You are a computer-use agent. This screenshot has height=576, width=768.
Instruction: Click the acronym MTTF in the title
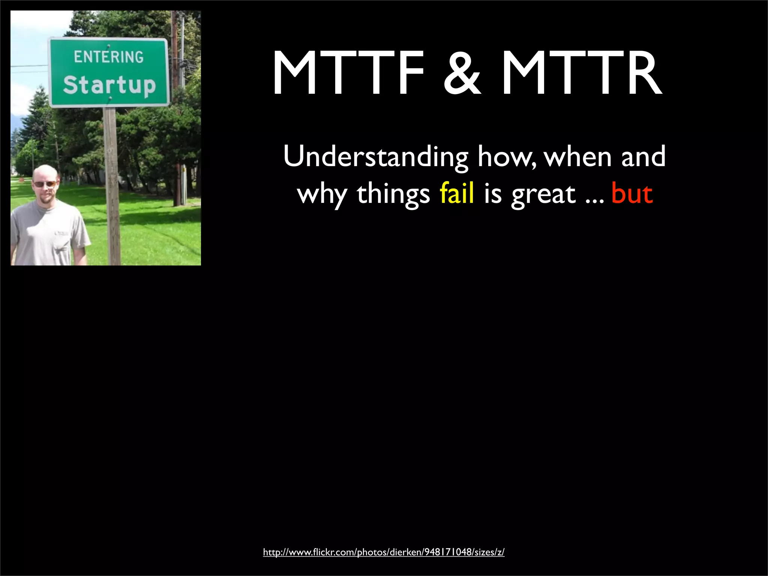pyautogui.click(x=349, y=73)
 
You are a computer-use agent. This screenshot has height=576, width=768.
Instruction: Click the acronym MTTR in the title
pyautogui.click(x=581, y=73)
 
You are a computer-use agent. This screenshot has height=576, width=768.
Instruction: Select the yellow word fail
pyautogui.click(x=456, y=194)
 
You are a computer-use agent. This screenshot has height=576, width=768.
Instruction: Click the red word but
pyautogui.click(x=632, y=194)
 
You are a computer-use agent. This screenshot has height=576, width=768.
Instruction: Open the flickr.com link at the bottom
pyautogui.click(x=384, y=552)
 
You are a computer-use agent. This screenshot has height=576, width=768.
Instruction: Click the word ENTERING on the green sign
pyautogui.click(x=109, y=57)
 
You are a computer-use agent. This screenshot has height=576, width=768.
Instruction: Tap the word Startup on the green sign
pyautogui.click(x=109, y=85)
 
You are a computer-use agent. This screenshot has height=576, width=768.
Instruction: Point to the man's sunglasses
pyautogui.click(x=45, y=184)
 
